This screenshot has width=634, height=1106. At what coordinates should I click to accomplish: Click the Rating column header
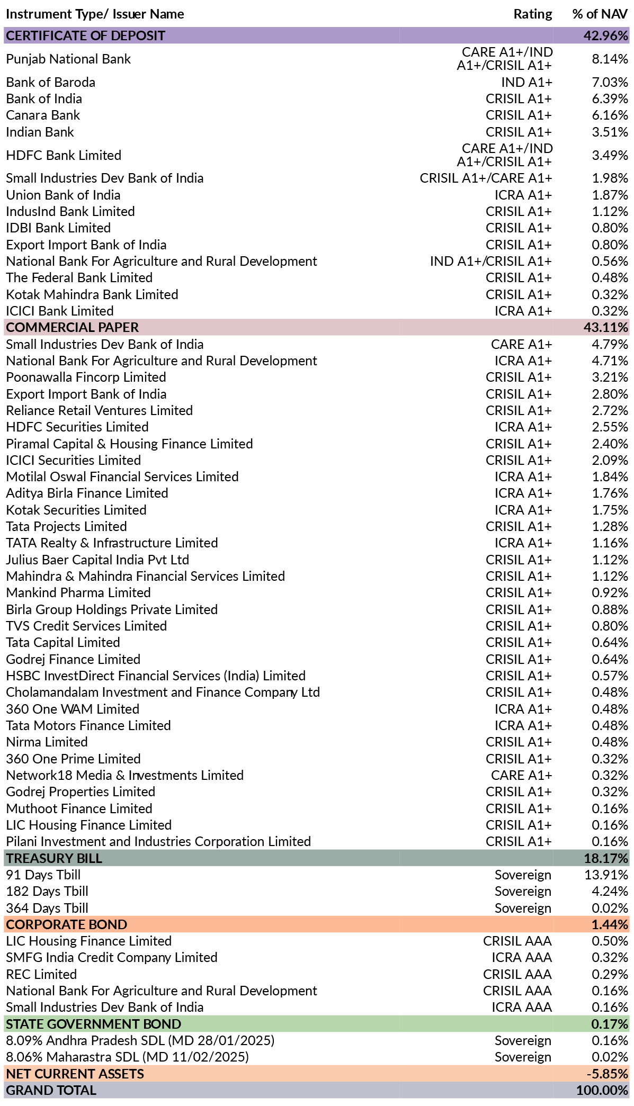[532, 14]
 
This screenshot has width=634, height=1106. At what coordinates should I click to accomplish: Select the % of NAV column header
[600, 14]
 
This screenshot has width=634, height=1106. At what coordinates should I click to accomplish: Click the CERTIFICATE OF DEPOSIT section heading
[86, 35]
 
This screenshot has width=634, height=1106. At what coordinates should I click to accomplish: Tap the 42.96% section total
[606, 35]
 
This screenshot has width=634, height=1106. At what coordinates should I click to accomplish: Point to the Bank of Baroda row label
[51, 82]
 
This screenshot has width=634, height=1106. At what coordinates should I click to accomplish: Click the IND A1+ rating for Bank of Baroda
[526, 82]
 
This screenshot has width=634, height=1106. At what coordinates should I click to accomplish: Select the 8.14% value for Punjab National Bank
[610, 59]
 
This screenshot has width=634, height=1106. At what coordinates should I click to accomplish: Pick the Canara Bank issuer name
[43, 115]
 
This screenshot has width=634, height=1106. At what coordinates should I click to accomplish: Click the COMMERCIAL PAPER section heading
[73, 327]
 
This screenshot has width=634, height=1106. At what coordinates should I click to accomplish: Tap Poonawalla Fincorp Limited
[86, 377]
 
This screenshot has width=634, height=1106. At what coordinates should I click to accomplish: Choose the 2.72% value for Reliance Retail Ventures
[610, 410]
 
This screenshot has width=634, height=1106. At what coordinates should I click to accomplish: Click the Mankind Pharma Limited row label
[78, 592]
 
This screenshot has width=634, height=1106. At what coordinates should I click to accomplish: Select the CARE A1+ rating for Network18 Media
[522, 775]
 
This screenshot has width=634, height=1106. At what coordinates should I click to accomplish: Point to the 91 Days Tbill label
[43, 875]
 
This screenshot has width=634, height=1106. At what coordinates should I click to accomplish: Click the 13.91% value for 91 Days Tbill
[606, 875]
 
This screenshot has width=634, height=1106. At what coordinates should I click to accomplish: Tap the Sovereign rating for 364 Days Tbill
[523, 908]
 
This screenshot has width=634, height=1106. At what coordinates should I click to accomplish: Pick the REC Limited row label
[41, 974]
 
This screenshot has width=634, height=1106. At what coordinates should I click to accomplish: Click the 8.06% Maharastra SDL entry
[127, 1057]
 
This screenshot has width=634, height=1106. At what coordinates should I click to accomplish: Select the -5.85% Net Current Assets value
[608, 1074]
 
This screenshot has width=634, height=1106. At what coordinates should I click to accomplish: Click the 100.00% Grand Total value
[603, 1090]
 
